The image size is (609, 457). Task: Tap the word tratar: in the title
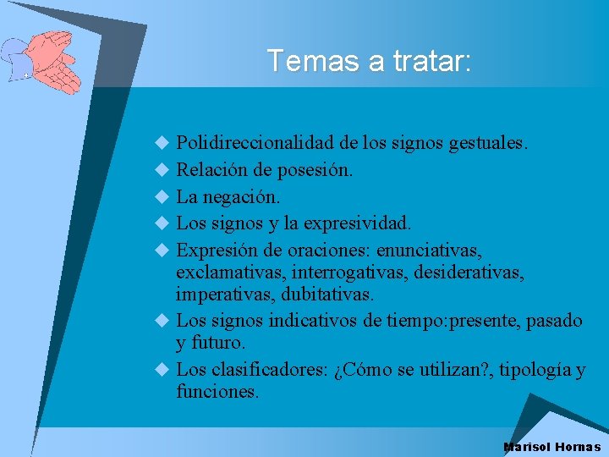(x=432, y=61)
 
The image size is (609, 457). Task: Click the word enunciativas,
(x=430, y=251)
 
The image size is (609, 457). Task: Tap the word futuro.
(x=218, y=344)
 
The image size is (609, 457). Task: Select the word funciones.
(x=217, y=392)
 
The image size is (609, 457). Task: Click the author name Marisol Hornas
(x=551, y=447)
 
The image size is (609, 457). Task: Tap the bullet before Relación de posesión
(x=162, y=170)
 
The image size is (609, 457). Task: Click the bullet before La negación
(x=162, y=197)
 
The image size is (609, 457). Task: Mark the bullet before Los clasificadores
(x=162, y=371)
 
